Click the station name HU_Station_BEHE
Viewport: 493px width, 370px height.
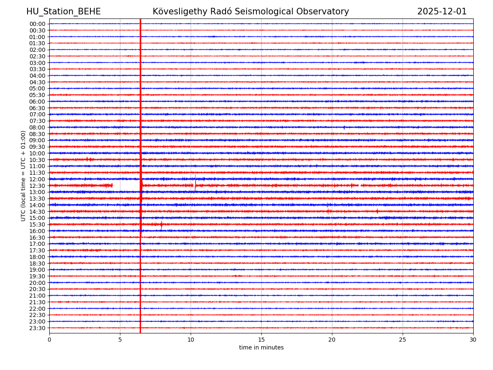click(x=63, y=12)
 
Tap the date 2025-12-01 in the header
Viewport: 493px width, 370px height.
click(x=442, y=12)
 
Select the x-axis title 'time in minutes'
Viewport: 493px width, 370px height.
click(x=261, y=348)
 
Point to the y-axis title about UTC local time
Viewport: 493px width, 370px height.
click(x=23, y=176)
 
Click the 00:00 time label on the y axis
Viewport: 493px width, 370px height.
click(x=37, y=24)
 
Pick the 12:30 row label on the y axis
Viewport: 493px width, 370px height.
click(x=37, y=186)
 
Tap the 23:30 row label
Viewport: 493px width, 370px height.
click(x=37, y=328)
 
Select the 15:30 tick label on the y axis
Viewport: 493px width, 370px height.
click(x=37, y=224)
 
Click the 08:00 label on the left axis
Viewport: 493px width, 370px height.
click(x=37, y=127)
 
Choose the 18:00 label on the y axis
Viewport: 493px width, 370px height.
click(x=37, y=257)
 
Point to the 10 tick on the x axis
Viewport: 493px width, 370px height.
click(x=191, y=340)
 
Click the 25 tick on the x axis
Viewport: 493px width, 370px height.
click(x=403, y=340)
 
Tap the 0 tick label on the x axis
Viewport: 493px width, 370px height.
click(x=49, y=340)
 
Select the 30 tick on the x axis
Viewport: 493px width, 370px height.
click(x=473, y=340)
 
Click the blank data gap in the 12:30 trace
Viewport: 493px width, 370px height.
click(x=126, y=186)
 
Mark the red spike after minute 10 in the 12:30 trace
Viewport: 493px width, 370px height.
click(x=196, y=185)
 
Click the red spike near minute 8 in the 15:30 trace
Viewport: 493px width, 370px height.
click(x=161, y=224)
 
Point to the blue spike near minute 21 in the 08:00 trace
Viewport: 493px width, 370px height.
click(x=344, y=127)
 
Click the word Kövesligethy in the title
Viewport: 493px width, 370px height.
click(x=180, y=12)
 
